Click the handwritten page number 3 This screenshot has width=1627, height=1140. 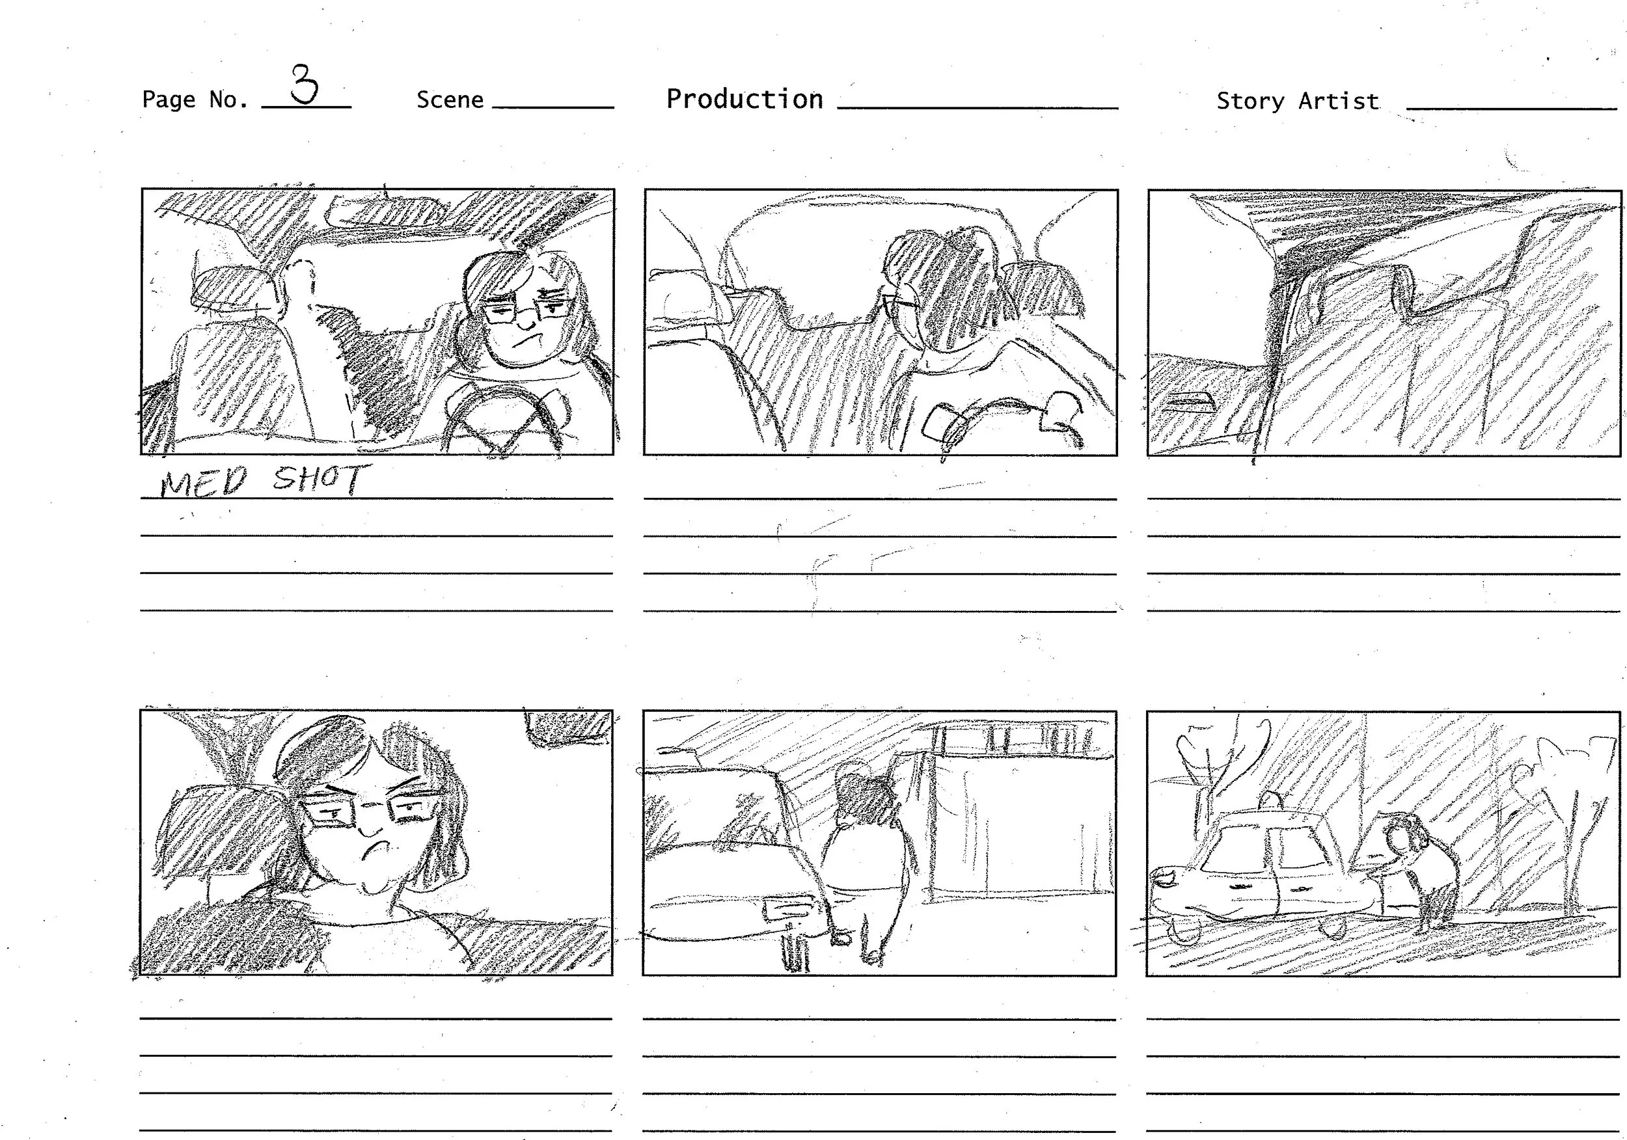tap(305, 83)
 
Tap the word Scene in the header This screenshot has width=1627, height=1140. tap(449, 100)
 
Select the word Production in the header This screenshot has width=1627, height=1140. tap(745, 98)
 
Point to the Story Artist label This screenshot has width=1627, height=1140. tap(1298, 101)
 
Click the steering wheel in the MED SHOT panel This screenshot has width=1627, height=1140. tap(504, 421)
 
